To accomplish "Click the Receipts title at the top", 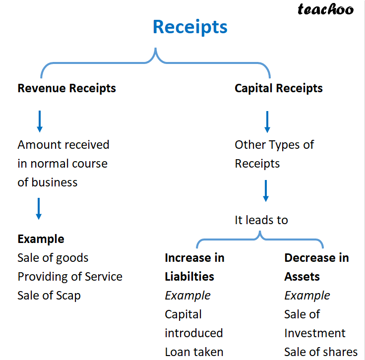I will [190, 26].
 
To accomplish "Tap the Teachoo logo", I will [325, 9].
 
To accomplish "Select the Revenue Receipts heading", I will [66, 89].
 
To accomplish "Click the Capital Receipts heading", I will [278, 89].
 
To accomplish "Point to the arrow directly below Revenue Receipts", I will [40, 121].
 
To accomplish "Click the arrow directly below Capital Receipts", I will [267, 121].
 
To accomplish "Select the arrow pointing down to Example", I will [39, 209].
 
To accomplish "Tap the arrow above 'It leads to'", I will [266, 191].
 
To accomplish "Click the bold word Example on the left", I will [41, 239].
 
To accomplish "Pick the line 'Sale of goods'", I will [53, 258].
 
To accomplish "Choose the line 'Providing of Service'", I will [69, 277].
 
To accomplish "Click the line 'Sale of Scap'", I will [49, 296].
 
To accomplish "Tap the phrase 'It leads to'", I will [261, 220].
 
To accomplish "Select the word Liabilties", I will [189, 277].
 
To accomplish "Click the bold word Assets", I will [302, 277].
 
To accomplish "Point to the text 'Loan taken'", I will [194, 352].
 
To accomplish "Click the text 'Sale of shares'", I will [320, 352].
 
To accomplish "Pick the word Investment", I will [314, 333].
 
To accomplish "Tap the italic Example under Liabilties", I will [187, 296].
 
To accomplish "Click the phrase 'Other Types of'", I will [274, 145].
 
